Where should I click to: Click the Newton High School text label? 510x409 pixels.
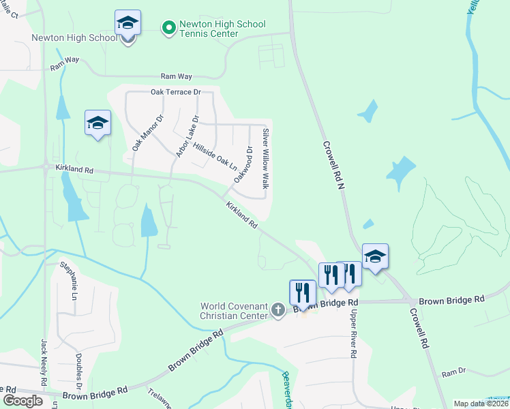[x=74, y=37]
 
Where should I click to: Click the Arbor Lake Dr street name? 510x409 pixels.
[x=186, y=136]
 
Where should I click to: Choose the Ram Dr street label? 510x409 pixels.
[x=453, y=374]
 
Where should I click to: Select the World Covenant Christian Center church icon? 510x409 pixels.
[x=277, y=310]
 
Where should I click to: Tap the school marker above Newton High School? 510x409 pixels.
[x=127, y=24]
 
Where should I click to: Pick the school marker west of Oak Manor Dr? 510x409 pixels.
[x=97, y=123]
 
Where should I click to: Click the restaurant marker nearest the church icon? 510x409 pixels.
[x=302, y=293]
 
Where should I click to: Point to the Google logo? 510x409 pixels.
[x=22, y=400]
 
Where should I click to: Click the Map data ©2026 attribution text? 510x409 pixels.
[x=481, y=404]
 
